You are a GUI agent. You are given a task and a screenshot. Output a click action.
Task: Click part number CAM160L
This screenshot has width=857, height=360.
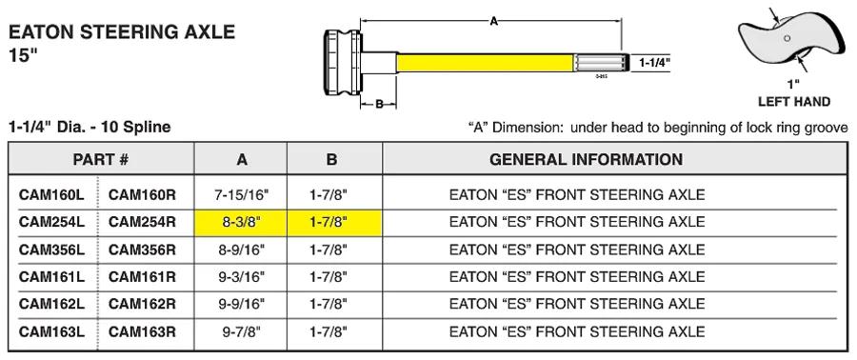coord(51,194)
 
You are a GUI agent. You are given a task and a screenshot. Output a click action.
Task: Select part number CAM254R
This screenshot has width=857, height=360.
coord(142,222)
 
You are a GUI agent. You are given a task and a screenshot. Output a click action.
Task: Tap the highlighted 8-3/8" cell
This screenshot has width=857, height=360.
coord(241,222)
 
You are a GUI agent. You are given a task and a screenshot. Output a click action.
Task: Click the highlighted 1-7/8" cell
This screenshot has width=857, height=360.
coord(334,222)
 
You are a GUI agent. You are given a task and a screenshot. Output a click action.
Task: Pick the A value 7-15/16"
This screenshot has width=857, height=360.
coord(241,194)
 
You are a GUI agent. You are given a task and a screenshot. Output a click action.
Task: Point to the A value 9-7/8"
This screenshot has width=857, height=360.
coord(241,331)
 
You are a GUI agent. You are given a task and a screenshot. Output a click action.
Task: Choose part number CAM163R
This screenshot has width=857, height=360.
coord(142,331)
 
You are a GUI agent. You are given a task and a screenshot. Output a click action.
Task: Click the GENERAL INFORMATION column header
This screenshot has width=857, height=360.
coord(586,159)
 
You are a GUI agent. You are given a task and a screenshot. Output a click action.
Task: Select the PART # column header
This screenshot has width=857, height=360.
coord(101,159)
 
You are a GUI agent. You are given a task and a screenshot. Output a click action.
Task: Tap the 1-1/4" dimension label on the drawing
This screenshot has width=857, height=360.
coord(654,63)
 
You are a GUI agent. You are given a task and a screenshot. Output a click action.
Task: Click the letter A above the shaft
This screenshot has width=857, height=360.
coord(494,22)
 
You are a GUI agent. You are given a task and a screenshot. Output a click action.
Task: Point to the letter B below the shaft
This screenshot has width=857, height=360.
coord(379,105)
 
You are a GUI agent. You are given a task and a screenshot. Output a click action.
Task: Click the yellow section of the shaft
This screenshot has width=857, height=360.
coord(486,63)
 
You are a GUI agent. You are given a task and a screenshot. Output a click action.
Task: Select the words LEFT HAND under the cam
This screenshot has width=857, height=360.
coord(793,102)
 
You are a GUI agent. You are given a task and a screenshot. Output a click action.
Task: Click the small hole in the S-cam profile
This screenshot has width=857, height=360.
coord(787,38)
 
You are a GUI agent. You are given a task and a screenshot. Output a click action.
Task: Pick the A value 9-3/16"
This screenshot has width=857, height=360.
coord(241,276)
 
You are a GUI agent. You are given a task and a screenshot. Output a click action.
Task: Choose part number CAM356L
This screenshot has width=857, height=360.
coord(51,250)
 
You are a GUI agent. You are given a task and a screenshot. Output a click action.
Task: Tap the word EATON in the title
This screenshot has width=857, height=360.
coord(42,32)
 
